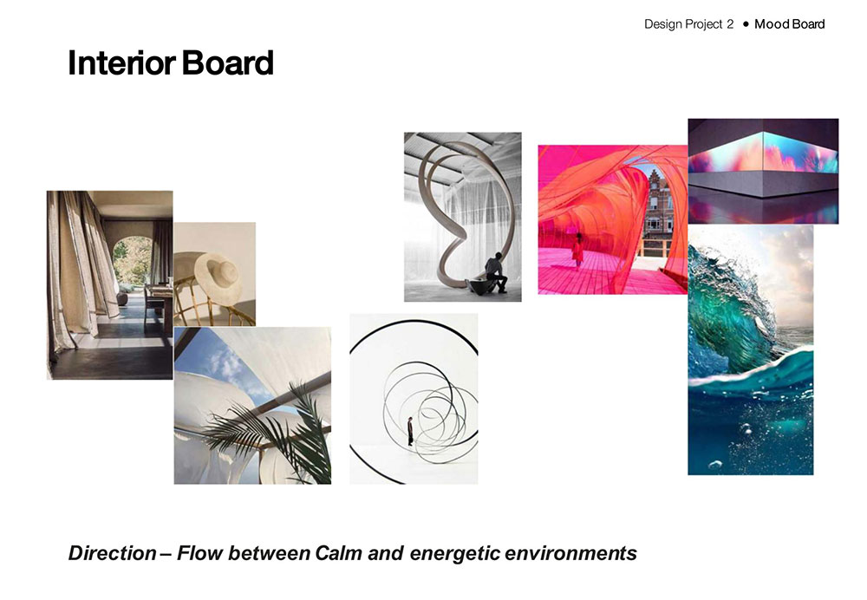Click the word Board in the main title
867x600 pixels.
(227, 63)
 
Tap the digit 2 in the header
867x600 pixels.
(730, 24)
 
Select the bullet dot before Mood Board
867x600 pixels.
(746, 24)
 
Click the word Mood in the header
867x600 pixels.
(772, 24)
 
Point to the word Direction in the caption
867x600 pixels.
(112, 553)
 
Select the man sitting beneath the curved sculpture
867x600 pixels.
(496, 272)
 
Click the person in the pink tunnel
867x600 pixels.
(577, 250)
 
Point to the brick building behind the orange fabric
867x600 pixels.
(659, 202)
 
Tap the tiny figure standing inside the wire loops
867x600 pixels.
(410, 431)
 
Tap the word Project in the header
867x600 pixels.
(704, 25)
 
